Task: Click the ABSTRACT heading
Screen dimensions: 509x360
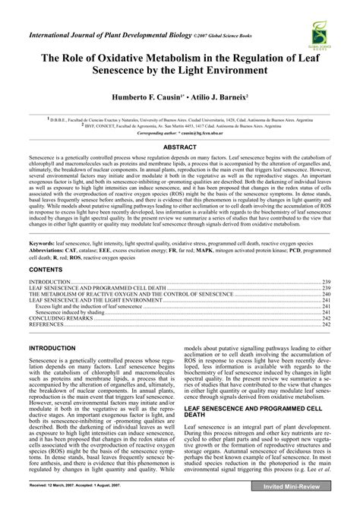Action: click(180, 146)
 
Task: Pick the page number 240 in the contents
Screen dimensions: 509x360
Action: click(325, 272)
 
